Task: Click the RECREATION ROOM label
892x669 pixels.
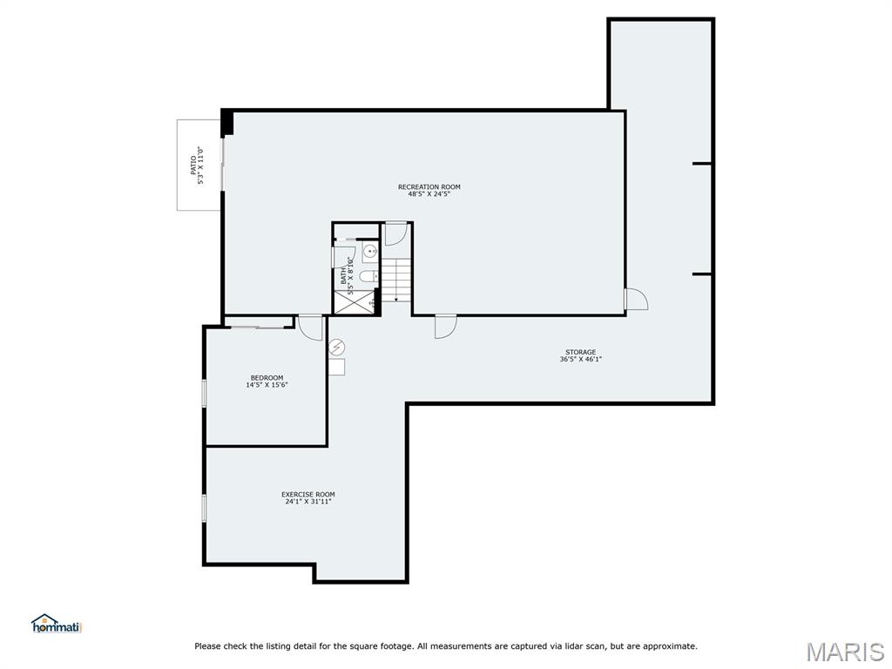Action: [429, 186]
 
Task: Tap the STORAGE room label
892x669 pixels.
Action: [580, 352]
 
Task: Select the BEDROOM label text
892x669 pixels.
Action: [267, 377]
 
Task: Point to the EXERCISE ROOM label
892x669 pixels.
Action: [307, 494]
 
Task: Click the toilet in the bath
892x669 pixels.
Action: [369, 276]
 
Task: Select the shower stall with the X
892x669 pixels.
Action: [354, 302]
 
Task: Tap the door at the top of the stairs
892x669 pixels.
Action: [396, 233]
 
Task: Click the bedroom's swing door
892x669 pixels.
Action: [311, 327]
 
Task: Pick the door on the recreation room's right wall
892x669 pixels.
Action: [636, 299]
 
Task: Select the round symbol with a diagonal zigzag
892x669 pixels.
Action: [337, 348]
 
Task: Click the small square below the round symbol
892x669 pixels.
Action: [336, 367]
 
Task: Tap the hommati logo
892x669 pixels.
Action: [57, 624]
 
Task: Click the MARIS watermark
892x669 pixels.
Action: [845, 652]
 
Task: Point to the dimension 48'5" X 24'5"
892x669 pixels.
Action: [429, 194]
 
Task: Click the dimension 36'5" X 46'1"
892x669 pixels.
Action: [580, 359]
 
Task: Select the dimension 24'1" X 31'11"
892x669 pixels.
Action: [307, 502]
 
